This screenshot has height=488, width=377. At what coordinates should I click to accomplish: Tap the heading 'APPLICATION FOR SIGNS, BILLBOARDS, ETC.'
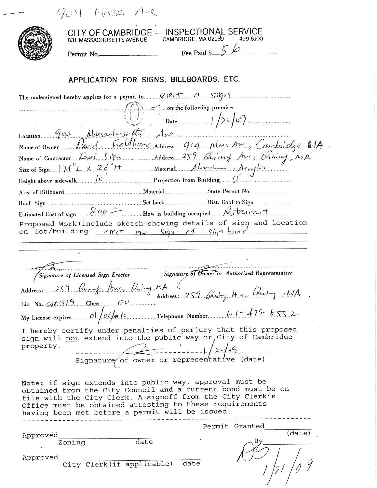coord(154,80)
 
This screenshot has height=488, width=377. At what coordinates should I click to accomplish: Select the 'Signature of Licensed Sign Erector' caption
coord(84,275)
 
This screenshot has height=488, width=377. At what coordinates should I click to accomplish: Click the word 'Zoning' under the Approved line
coord(72,442)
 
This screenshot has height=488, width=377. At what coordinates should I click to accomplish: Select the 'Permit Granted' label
coord(234,426)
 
